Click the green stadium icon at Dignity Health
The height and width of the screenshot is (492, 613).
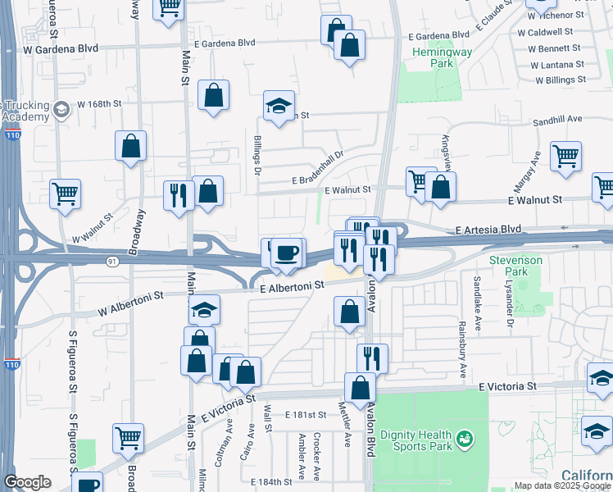(x=465, y=440)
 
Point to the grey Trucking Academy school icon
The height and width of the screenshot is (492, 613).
(x=60, y=109)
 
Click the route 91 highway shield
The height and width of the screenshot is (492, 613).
(x=111, y=261)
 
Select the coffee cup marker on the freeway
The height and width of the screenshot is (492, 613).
(x=285, y=253)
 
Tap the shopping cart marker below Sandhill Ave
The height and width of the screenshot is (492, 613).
(x=566, y=156)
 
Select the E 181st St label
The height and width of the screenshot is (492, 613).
(x=306, y=416)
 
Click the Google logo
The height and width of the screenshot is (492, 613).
(x=27, y=482)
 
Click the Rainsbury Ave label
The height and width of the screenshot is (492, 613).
(x=463, y=352)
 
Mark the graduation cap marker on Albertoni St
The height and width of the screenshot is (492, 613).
(x=204, y=311)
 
